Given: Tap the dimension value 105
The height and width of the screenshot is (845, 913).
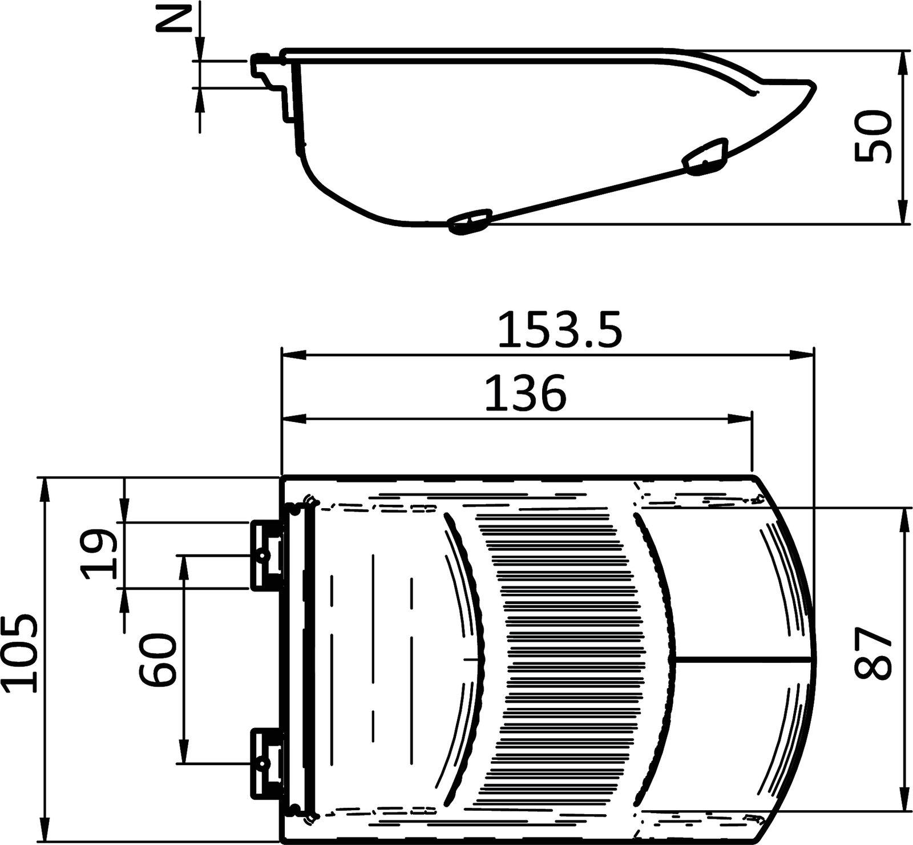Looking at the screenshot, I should [x=21, y=653].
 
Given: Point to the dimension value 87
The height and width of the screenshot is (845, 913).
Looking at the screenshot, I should [x=873, y=653].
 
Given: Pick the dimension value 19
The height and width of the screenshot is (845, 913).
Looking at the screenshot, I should [x=99, y=554].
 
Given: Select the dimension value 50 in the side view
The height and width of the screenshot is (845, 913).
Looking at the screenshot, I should [x=873, y=137].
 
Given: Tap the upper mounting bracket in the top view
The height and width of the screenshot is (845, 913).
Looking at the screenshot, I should [x=267, y=554].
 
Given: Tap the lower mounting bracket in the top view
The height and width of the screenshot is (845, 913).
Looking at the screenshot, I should [x=267, y=762].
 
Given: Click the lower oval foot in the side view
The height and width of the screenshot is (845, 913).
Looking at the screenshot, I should [x=470, y=221].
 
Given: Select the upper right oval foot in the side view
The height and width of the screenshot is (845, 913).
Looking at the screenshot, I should [x=705, y=158].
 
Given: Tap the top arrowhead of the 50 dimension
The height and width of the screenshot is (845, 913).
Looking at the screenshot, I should [x=902, y=63].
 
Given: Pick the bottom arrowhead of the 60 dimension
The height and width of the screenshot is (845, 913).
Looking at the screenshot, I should [x=183, y=751].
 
